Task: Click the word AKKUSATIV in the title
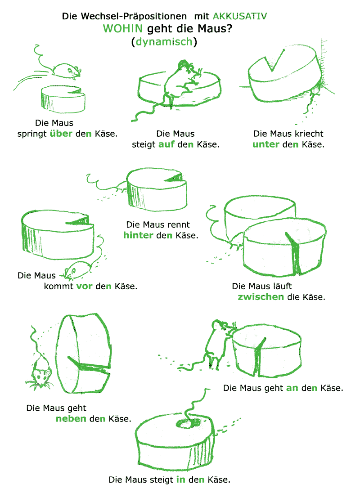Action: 239,16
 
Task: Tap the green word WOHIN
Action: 123,28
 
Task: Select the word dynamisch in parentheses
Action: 164,42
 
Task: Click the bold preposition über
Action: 61,133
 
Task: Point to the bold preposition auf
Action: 166,144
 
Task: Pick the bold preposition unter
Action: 266,144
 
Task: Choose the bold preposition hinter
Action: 138,235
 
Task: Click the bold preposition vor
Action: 84,286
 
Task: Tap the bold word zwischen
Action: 261,297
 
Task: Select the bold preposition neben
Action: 71,418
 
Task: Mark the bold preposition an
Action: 292,388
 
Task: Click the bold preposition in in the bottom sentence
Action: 180,479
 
